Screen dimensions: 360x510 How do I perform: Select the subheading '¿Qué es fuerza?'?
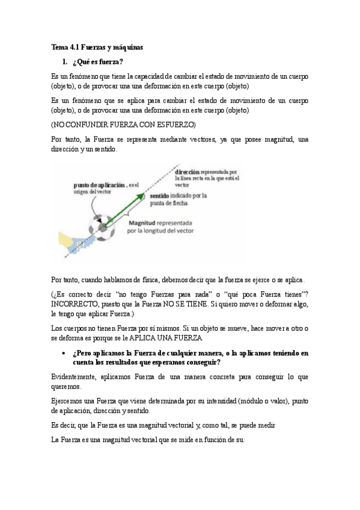[x=97, y=61]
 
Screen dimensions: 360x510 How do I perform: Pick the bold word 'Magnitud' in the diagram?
[x=149, y=221]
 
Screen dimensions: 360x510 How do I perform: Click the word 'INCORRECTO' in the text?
[x=74, y=305]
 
